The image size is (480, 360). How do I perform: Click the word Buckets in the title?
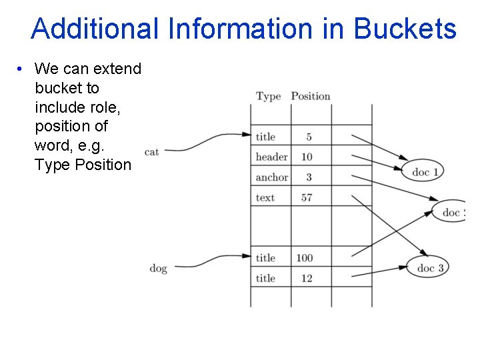(x=405, y=29)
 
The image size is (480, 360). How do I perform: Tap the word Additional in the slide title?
(x=95, y=29)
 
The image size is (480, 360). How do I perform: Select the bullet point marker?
(x=21, y=69)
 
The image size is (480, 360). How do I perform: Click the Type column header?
(x=268, y=96)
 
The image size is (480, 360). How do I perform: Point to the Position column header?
(x=310, y=96)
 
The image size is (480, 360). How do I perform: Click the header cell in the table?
(x=271, y=157)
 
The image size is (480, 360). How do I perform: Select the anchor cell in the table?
(x=271, y=177)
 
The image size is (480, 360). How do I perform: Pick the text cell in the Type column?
(x=265, y=197)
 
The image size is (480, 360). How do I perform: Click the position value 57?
(x=307, y=197)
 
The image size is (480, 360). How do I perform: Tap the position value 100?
(x=304, y=258)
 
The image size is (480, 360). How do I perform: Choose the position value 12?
(x=307, y=278)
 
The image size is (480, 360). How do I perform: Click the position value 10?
(x=307, y=157)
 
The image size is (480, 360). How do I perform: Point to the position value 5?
(x=309, y=137)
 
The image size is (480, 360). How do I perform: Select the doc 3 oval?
(x=429, y=268)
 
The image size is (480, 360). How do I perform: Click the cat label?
(x=152, y=152)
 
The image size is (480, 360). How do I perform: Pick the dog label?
(x=158, y=268)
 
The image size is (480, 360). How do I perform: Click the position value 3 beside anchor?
(x=309, y=177)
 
